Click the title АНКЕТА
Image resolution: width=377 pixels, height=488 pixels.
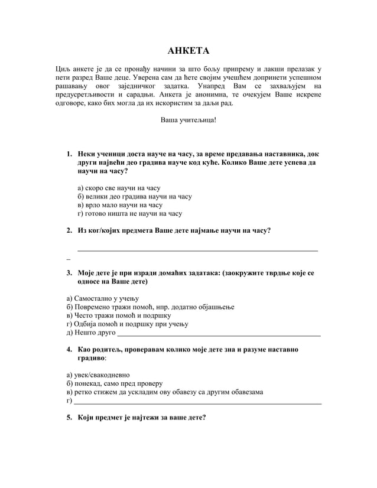188,51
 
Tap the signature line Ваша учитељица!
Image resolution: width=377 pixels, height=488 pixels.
188,120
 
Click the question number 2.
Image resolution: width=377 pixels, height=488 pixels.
69,230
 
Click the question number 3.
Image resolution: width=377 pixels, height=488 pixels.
69,273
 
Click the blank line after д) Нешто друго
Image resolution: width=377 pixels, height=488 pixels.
219,334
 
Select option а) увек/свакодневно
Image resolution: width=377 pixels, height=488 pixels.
98,375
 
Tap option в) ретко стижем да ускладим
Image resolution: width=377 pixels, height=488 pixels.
165,392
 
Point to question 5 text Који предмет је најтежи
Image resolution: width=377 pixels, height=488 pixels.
142,418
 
